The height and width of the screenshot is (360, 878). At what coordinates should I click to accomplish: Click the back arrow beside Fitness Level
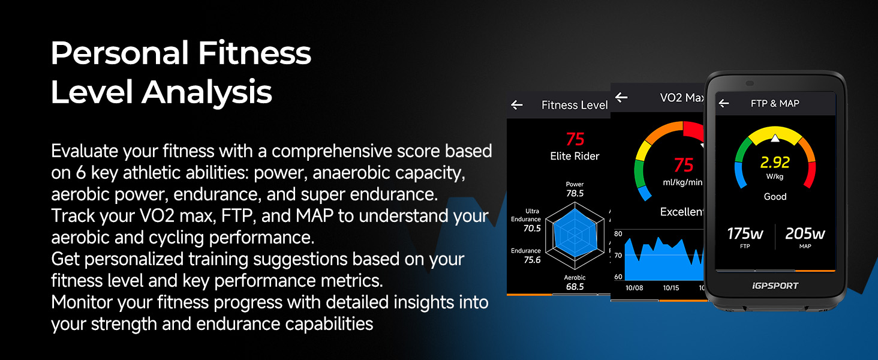point(517,105)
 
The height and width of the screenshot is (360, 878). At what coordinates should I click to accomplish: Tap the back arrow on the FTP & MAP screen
point(724,104)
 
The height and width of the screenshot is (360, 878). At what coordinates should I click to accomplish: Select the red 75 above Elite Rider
point(575,139)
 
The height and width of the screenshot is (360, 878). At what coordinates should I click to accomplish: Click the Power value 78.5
point(575,193)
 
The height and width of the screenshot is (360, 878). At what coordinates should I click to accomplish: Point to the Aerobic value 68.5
point(575,287)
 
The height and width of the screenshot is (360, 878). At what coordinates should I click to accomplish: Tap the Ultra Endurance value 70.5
point(532,228)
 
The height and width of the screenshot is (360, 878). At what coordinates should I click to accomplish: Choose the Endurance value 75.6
point(532,260)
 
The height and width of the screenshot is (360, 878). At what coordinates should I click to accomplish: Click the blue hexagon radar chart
point(575,233)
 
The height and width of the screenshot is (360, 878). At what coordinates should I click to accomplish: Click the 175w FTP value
point(745,234)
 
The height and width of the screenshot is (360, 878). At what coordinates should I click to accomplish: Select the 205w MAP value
point(805,234)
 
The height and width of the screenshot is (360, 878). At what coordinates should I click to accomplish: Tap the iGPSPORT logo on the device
point(775,286)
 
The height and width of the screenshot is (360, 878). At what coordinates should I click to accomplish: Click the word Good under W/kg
point(775,196)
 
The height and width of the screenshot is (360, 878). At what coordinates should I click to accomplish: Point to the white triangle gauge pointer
point(775,138)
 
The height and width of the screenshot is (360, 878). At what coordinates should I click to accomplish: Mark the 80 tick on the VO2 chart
point(618,234)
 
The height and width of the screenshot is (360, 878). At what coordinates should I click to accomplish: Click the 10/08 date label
point(634,288)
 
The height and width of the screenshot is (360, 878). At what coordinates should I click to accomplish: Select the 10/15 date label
point(671,288)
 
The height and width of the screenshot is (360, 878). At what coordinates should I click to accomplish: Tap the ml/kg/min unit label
point(682,182)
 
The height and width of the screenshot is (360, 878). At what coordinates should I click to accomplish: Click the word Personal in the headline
point(120,53)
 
